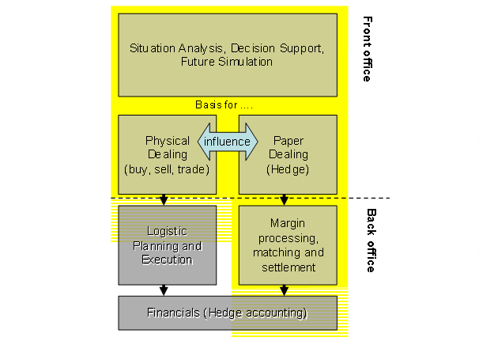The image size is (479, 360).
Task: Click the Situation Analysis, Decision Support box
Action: coord(227,55)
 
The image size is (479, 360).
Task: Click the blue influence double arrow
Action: coord(227,142)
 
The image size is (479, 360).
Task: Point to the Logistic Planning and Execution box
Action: coord(167,245)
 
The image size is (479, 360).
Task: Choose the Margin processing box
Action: coord(288,245)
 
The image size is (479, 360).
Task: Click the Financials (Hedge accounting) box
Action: coord(227,313)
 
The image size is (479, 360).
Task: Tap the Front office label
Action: coord(366,49)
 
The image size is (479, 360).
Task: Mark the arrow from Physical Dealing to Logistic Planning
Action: coord(164,199)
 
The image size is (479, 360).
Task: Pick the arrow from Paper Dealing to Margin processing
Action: coord(285,199)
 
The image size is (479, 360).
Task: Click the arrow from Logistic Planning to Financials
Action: coord(164,290)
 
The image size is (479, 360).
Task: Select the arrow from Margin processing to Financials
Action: coord(285,290)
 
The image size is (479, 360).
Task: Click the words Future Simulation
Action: coord(227,61)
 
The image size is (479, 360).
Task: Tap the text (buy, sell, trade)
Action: coord(167,169)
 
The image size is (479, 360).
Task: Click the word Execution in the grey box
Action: coord(167,260)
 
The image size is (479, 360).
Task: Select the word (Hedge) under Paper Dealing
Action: coord(288,169)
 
